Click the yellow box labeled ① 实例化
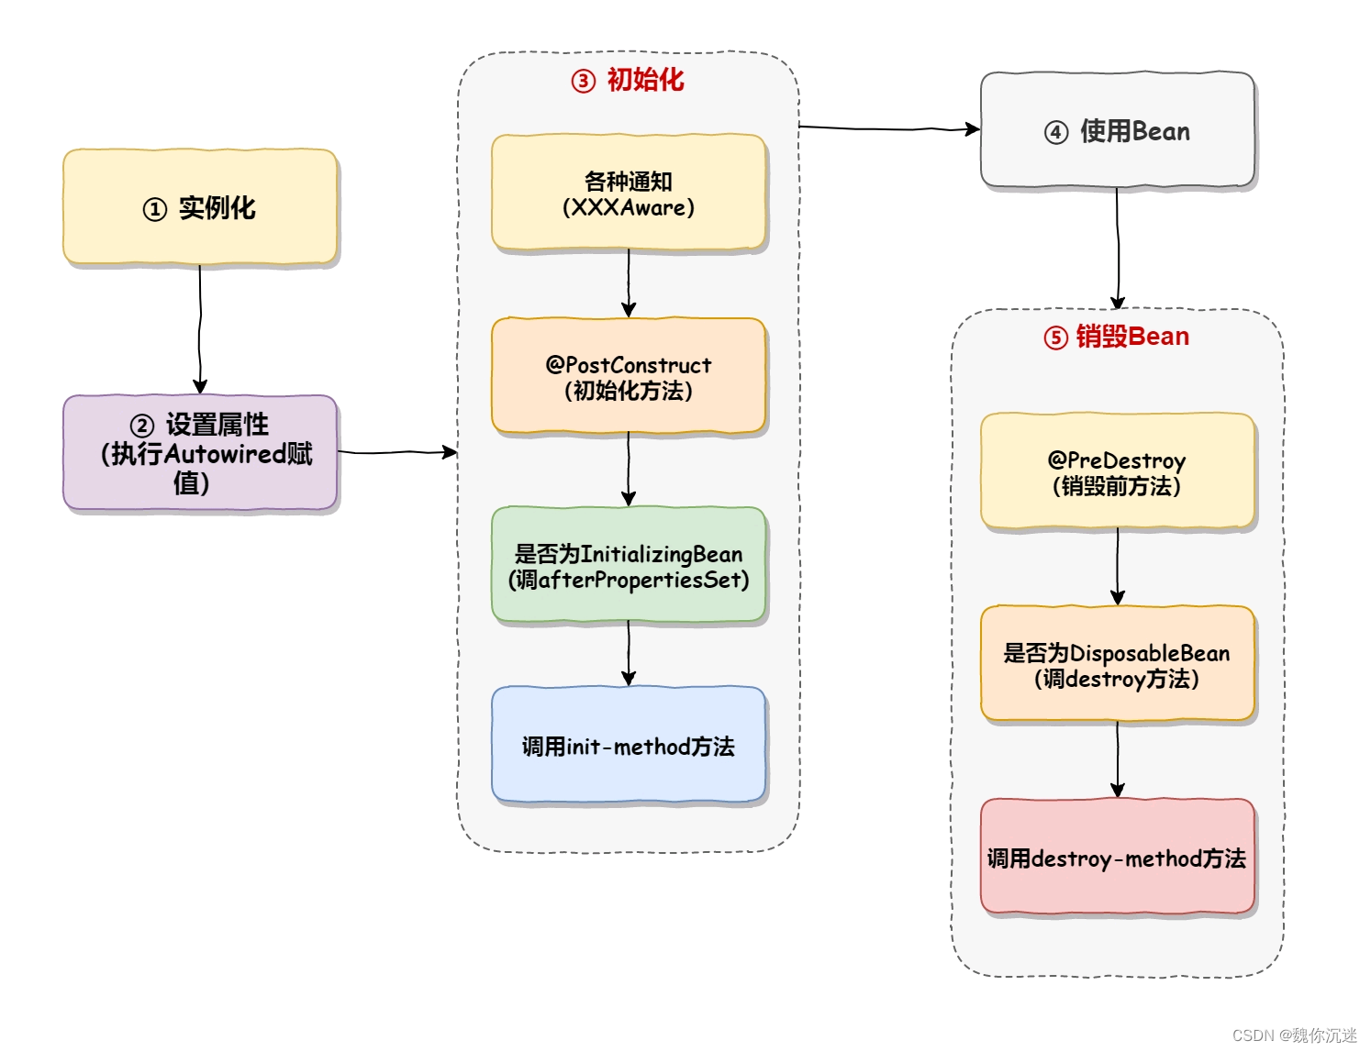(x=200, y=207)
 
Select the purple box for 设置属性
(x=200, y=452)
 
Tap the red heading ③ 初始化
(x=628, y=81)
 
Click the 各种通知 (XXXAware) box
(x=629, y=193)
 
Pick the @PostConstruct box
(x=629, y=376)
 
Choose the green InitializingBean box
(x=629, y=565)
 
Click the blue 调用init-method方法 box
(x=629, y=745)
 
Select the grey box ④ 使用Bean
(x=1117, y=131)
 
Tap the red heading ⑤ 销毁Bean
(x=1116, y=337)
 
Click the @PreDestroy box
(x=1117, y=471)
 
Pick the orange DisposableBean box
(x=1117, y=664)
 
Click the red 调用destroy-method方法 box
(x=1117, y=857)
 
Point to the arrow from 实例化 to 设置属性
(x=200, y=330)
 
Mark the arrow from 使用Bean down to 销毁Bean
(x=1118, y=248)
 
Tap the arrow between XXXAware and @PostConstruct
(x=629, y=282)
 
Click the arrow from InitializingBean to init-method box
(x=629, y=653)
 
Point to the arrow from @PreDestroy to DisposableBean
(x=1118, y=567)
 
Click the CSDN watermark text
(x=1294, y=1035)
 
